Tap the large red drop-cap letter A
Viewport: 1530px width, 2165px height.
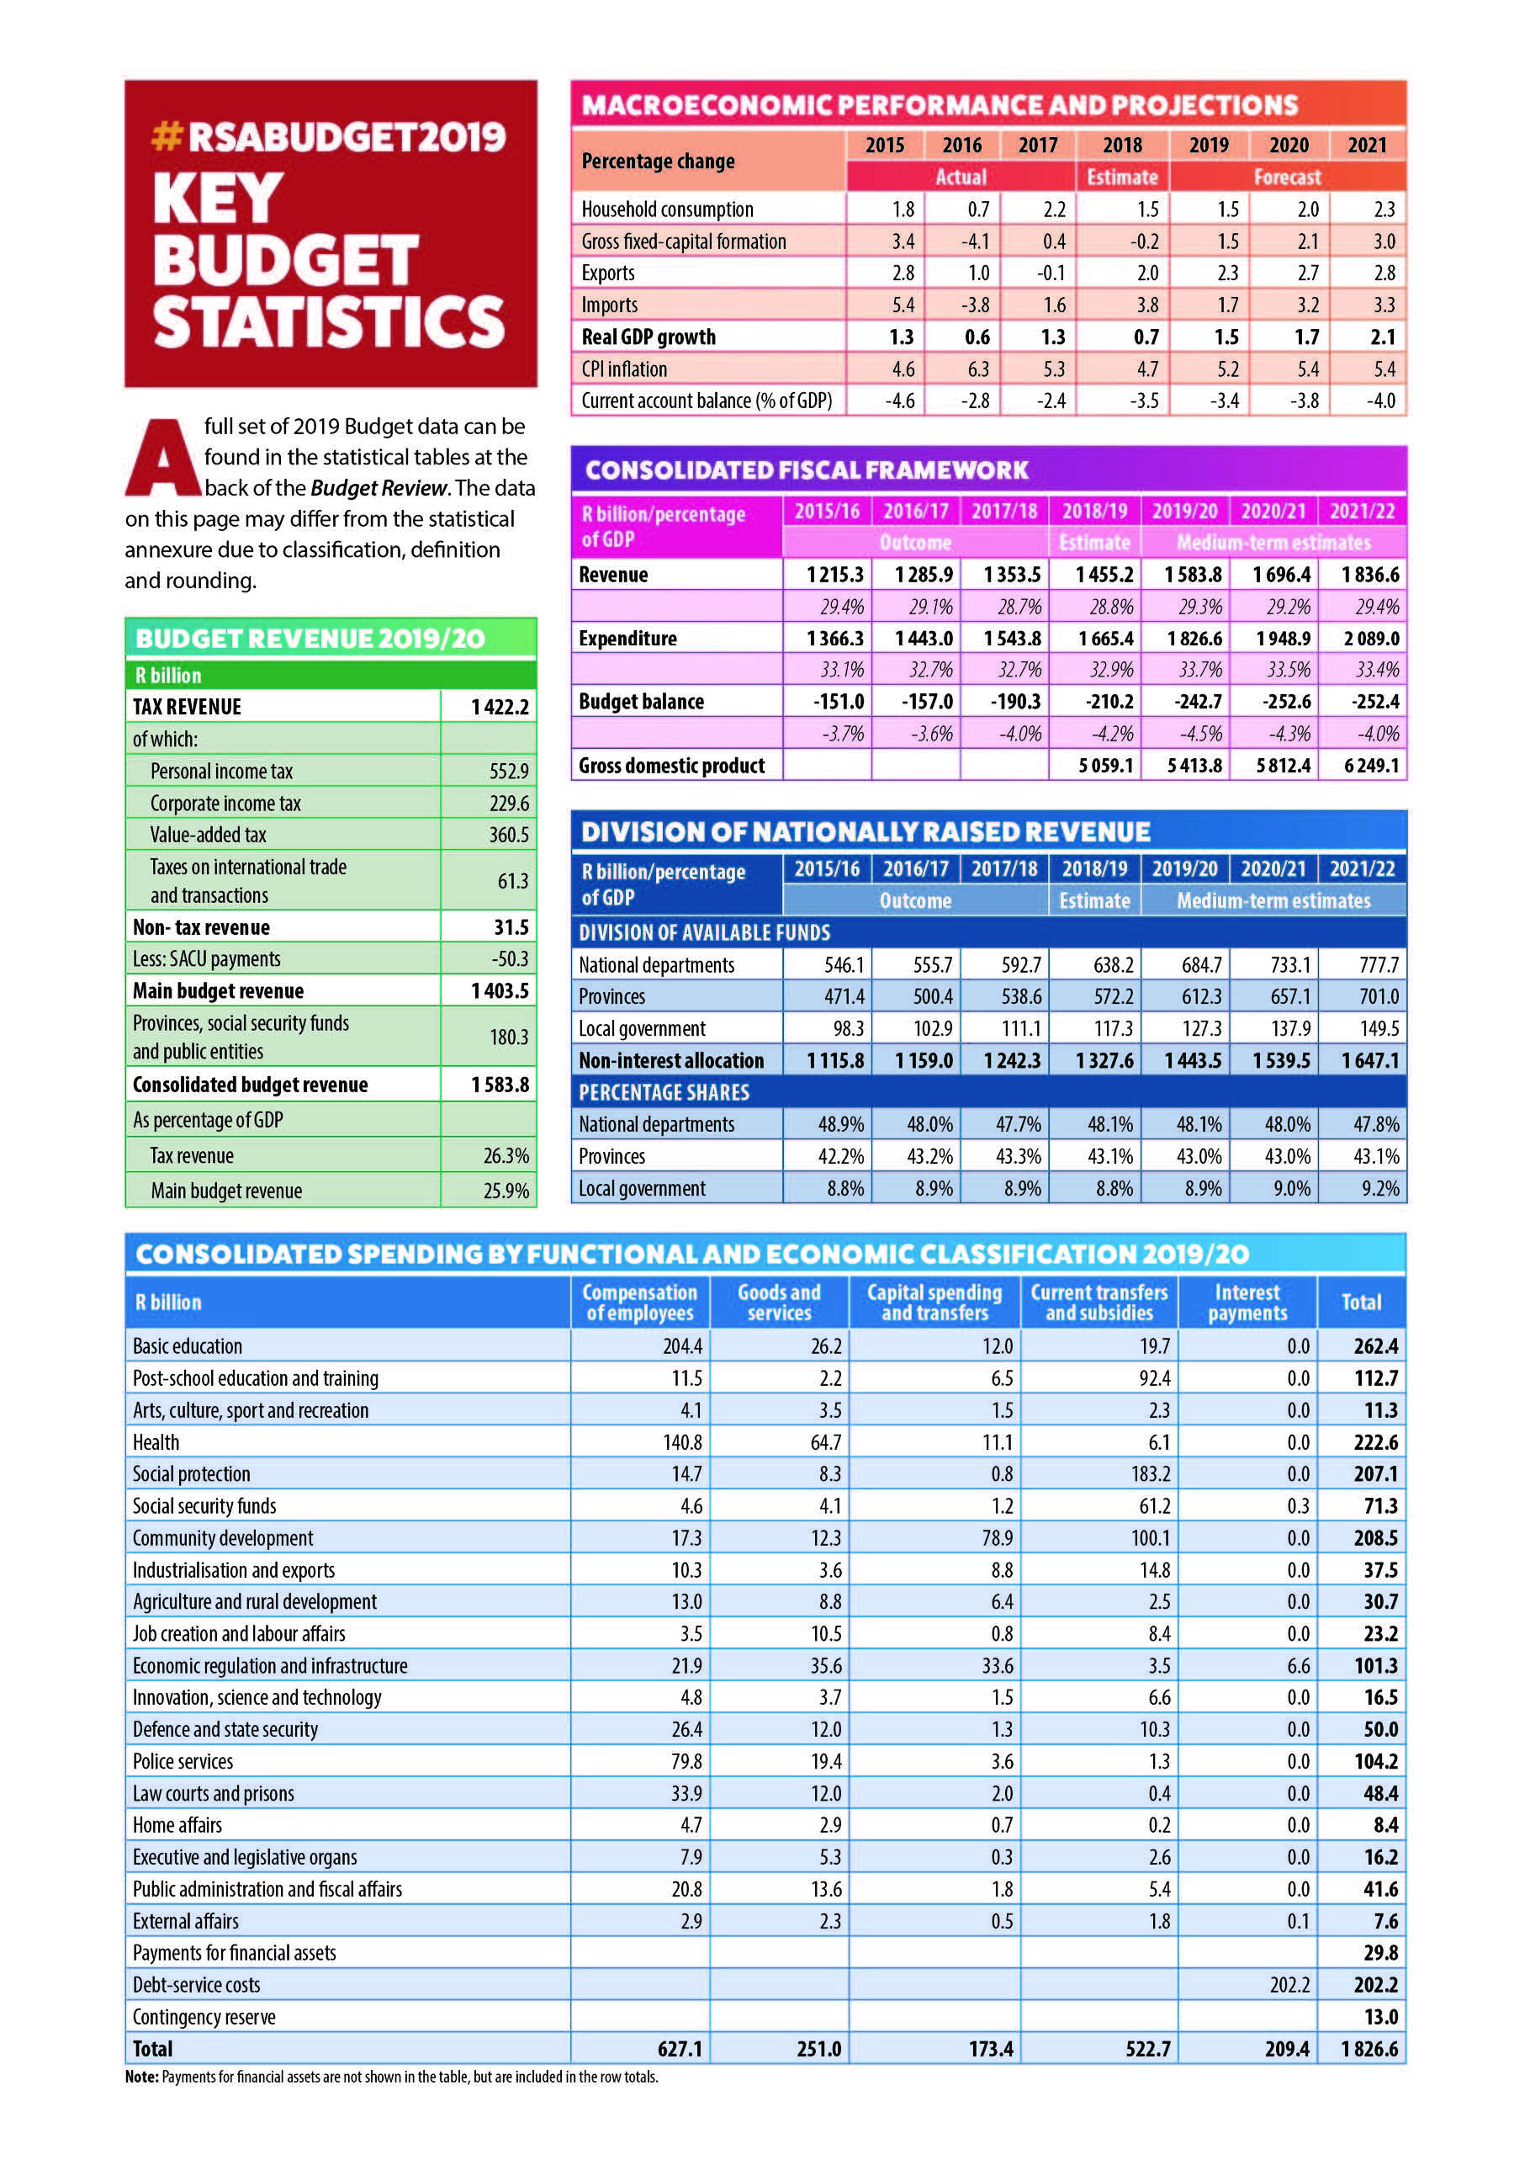click(x=164, y=459)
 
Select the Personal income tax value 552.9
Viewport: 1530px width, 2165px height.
click(x=508, y=772)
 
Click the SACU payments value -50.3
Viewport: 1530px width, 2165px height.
click(x=510, y=959)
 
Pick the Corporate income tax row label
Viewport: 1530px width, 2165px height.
click(x=225, y=804)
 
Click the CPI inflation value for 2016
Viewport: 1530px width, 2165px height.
click(x=977, y=369)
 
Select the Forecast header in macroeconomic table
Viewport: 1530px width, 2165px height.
click(x=1287, y=178)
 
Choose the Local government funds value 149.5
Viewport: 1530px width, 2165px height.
click(x=1379, y=1028)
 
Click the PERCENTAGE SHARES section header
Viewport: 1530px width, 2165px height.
click(x=664, y=1092)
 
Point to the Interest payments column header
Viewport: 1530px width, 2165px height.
click(x=1247, y=1303)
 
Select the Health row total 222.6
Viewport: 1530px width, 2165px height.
click(x=1375, y=1441)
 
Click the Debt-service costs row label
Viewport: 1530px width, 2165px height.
click(x=196, y=1984)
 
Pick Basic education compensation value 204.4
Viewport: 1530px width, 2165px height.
click(x=681, y=1345)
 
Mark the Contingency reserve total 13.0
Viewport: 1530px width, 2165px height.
click(x=1380, y=2016)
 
